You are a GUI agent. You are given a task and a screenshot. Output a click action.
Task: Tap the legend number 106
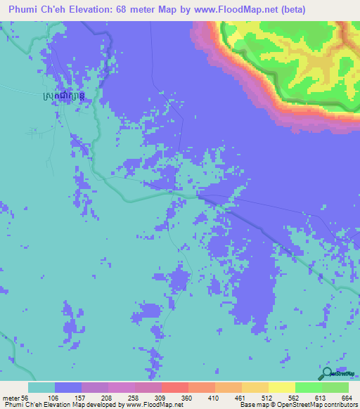pyautogui.click(x=68, y=397)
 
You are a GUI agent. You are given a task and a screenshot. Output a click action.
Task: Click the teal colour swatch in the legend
pyautogui.click(x=41, y=387)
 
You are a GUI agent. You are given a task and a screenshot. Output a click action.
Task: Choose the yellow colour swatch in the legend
pyautogui.click(x=281, y=387)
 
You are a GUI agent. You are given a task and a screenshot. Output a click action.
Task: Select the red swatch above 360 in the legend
pyautogui.click(x=174, y=387)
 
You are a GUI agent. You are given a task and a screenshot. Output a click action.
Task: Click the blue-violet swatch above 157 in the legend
pyautogui.click(x=68, y=387)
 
